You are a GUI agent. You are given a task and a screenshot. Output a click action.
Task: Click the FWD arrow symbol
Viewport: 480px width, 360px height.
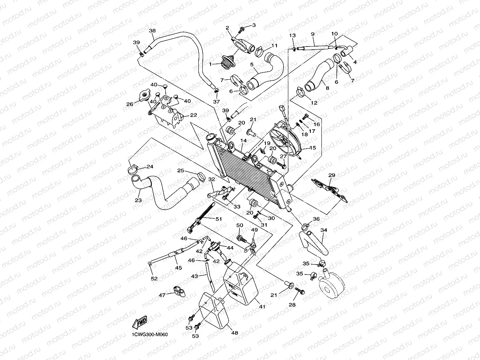click(140, 323)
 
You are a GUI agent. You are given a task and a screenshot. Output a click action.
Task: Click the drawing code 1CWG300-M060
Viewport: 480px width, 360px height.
click(150, 335)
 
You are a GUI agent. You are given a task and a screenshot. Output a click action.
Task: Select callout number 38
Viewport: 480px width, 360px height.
click(152, 31)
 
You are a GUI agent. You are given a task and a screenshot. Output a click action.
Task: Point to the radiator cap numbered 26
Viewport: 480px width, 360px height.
click(145, 96)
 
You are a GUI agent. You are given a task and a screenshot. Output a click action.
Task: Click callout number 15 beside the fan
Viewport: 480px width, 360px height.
click(313, 148)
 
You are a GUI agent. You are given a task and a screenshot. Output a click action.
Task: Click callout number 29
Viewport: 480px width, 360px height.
click(331, 175)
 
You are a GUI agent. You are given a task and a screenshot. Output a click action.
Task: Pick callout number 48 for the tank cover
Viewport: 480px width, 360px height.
click(235, 333)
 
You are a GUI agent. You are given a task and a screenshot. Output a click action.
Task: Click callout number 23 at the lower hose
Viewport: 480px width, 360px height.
click(138, 200)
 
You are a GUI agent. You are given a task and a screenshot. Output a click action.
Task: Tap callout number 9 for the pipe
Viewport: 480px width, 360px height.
click(312, 34)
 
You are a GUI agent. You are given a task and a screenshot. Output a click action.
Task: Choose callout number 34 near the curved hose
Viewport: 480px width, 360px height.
click(324, 230)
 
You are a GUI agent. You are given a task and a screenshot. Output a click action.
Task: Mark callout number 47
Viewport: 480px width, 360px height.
click(162, 295)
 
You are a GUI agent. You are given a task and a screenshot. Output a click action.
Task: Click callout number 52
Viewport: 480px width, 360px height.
click(154, 278)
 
